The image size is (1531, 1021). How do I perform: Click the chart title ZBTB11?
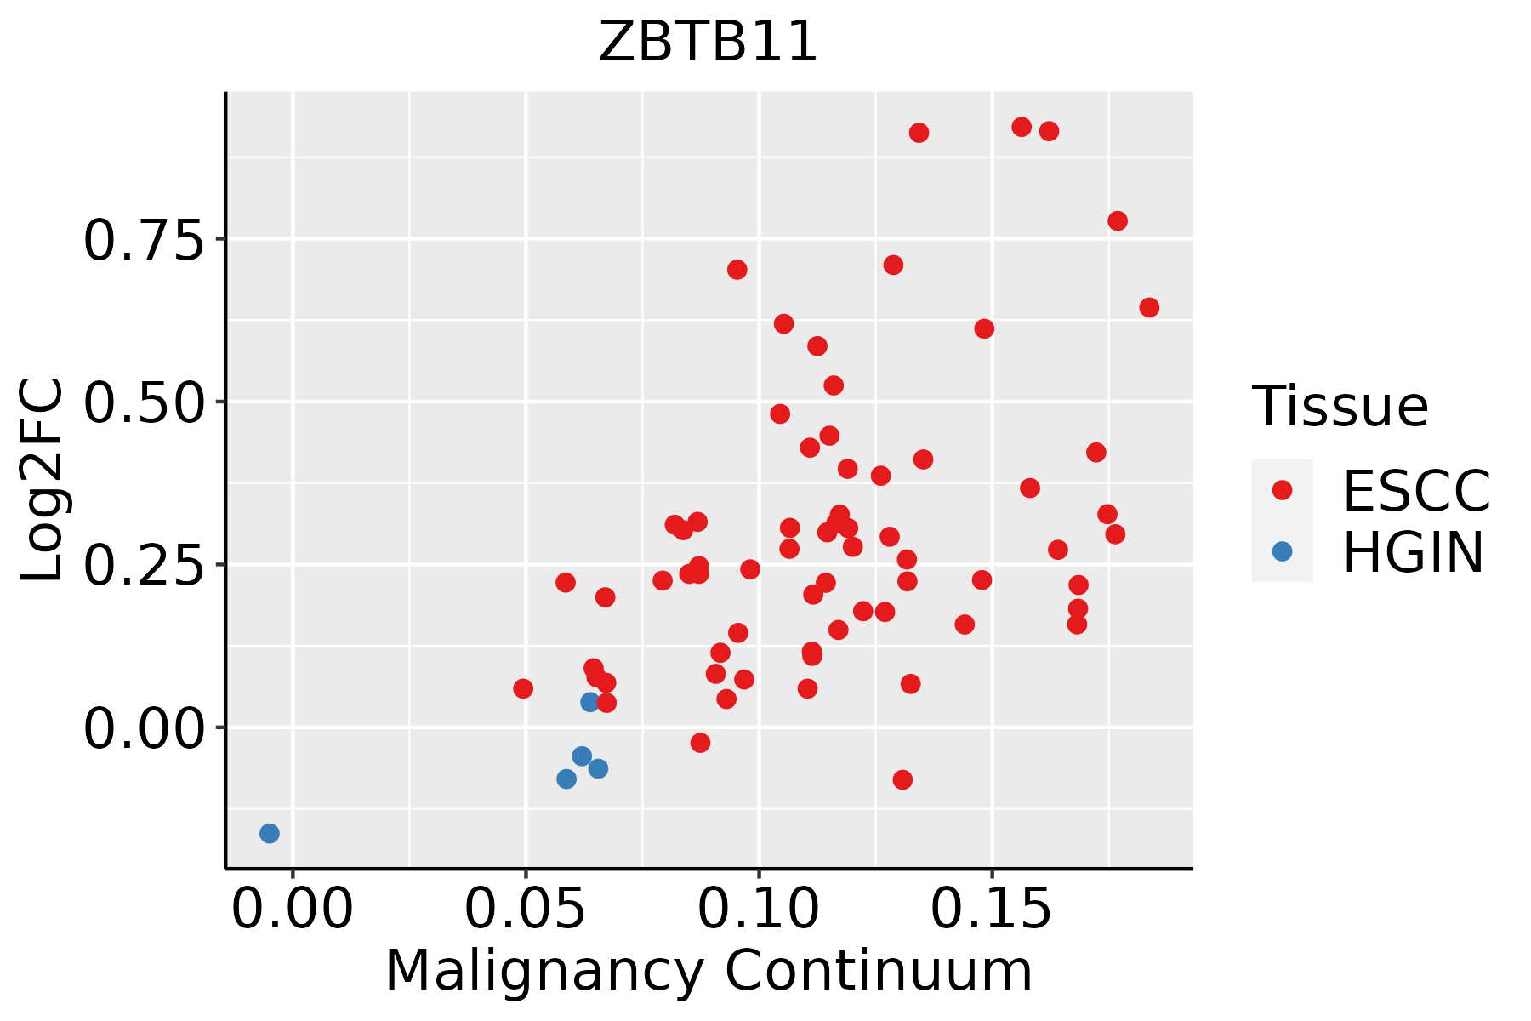click(708, 42)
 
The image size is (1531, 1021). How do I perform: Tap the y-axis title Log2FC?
click(43, 480)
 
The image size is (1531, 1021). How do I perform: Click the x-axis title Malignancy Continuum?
click(709, 971)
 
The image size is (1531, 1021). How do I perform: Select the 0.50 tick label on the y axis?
click(144, 402)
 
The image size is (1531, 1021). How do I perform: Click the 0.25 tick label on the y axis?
click(144, 565)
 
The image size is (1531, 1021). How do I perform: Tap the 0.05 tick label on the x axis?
click(526, 910)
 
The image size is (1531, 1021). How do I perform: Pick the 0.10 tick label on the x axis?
click(759, 910)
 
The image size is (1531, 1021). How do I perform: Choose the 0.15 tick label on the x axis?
click(992, 910)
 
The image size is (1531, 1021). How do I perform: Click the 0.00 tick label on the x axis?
click(293, 910)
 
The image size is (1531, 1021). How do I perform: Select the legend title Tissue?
click(1340, 406)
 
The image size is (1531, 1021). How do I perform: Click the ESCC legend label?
click(1417, 491)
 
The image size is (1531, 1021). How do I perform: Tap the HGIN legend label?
click(1414, 552)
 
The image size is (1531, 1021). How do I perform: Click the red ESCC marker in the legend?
click(1282, 490)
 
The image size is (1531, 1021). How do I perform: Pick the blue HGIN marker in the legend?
click(1282, 551)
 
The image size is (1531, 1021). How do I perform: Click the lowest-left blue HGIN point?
click(270, 833)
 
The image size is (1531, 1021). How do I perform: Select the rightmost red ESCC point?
click(1149, 307)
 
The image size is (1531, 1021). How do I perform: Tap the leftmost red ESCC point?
click(523, 688)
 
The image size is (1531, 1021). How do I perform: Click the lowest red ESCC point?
click(902, 779)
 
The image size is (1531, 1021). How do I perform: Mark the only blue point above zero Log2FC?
click(590, 702)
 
